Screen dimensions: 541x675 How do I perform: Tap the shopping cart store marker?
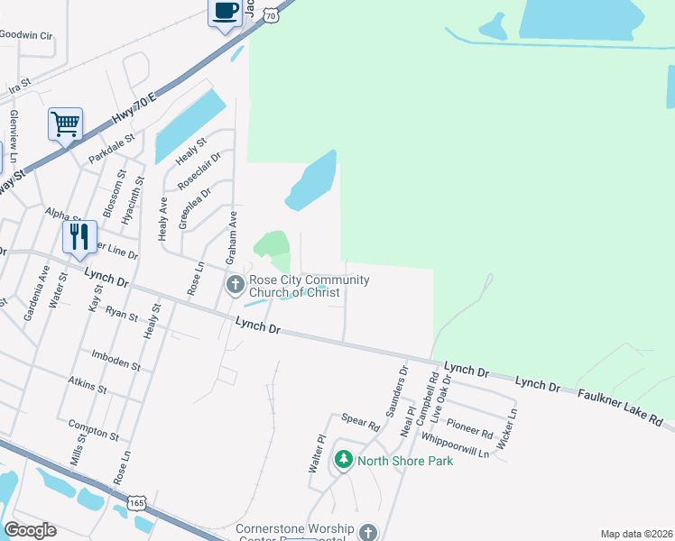click(x=65, y=124)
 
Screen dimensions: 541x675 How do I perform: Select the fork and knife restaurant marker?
click(x=79, y=237)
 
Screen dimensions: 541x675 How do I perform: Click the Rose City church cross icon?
click(x=235, y=286)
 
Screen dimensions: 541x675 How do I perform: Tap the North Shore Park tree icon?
click(x=343, y=461)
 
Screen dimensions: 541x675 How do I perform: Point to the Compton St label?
click(x=94, y=427)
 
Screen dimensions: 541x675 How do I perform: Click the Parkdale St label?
click(x=111, y=149)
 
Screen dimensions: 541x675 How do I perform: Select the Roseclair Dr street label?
click(x=199, y=170)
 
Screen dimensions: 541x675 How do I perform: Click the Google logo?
click(x=30, y=530)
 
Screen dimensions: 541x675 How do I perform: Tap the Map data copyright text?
click(x=636, y=533)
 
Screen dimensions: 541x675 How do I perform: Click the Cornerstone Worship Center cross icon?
click(x=367, y=533)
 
